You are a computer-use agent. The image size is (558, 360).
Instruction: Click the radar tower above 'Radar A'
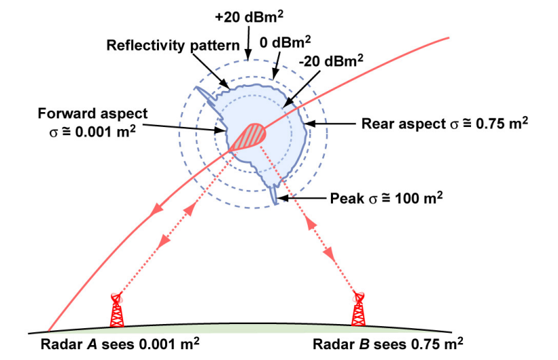[118, 310]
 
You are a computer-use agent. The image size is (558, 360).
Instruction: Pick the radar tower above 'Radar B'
[358, 309]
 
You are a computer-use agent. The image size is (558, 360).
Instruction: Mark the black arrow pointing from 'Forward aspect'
[182, 125]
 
